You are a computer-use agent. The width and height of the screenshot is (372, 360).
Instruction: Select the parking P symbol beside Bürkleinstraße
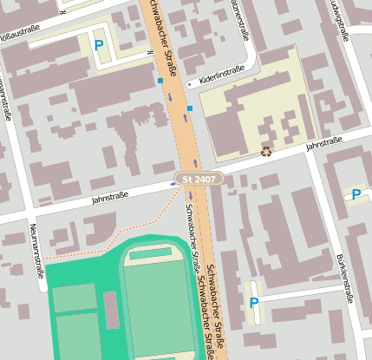(x=356, y=194)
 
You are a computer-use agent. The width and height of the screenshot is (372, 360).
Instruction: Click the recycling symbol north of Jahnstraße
(x=266, y=151)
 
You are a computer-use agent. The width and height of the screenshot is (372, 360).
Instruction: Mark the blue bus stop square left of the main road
(x=160, y=81)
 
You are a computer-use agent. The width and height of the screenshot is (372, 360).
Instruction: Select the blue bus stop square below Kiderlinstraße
(x=190, y=108)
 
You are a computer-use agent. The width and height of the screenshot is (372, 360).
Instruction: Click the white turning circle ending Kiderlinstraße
(x=189, y=84)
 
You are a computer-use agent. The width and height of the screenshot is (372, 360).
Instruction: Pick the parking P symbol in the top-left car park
(x=98, y=44)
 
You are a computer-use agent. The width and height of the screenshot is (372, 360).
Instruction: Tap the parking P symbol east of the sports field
(x=253, y=303)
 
